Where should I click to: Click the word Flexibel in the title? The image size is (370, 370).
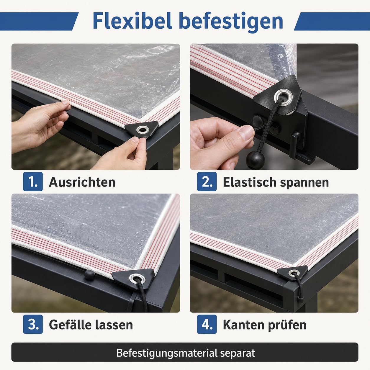[132, 21]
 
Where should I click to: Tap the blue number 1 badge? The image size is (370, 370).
[33, 181]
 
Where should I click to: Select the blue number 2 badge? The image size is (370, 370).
[207, 181]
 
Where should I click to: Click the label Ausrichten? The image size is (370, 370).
[82, 182]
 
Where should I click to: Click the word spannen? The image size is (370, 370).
[304, 183]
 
